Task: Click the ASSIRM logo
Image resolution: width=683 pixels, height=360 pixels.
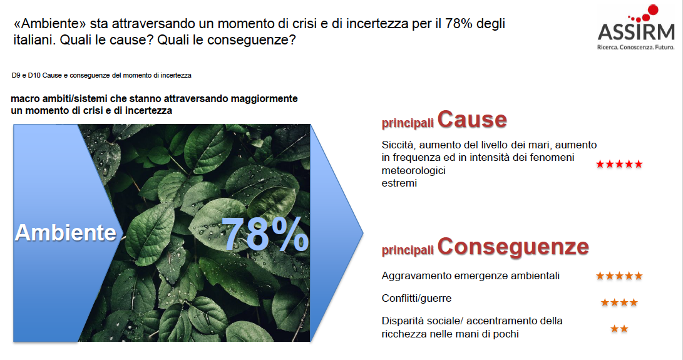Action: coord(636,28)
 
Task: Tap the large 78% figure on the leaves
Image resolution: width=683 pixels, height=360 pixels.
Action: coord(265,234)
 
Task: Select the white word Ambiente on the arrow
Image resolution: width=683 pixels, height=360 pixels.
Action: coord(66,232)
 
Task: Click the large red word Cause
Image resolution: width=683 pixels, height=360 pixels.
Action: coord(472,120)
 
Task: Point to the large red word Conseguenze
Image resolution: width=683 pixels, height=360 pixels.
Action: coord(513,247)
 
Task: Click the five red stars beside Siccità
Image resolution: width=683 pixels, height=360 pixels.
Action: coord(619,164)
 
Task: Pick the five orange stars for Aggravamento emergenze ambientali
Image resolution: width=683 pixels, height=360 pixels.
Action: coord(619,276)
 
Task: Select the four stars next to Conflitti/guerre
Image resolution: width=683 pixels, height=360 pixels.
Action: coord(619,302)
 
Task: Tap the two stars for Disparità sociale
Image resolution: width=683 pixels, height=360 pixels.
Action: coord(619,329)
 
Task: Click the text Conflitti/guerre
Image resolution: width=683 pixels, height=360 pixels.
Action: coord(416,299)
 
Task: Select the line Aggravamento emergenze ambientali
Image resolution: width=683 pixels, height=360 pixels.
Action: coord(470,276)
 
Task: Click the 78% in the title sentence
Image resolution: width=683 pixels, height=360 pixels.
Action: coord(459,24)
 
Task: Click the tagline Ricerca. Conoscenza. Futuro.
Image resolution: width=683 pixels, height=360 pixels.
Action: coord(635,47)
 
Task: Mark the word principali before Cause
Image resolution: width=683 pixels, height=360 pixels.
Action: coord(408,123)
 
